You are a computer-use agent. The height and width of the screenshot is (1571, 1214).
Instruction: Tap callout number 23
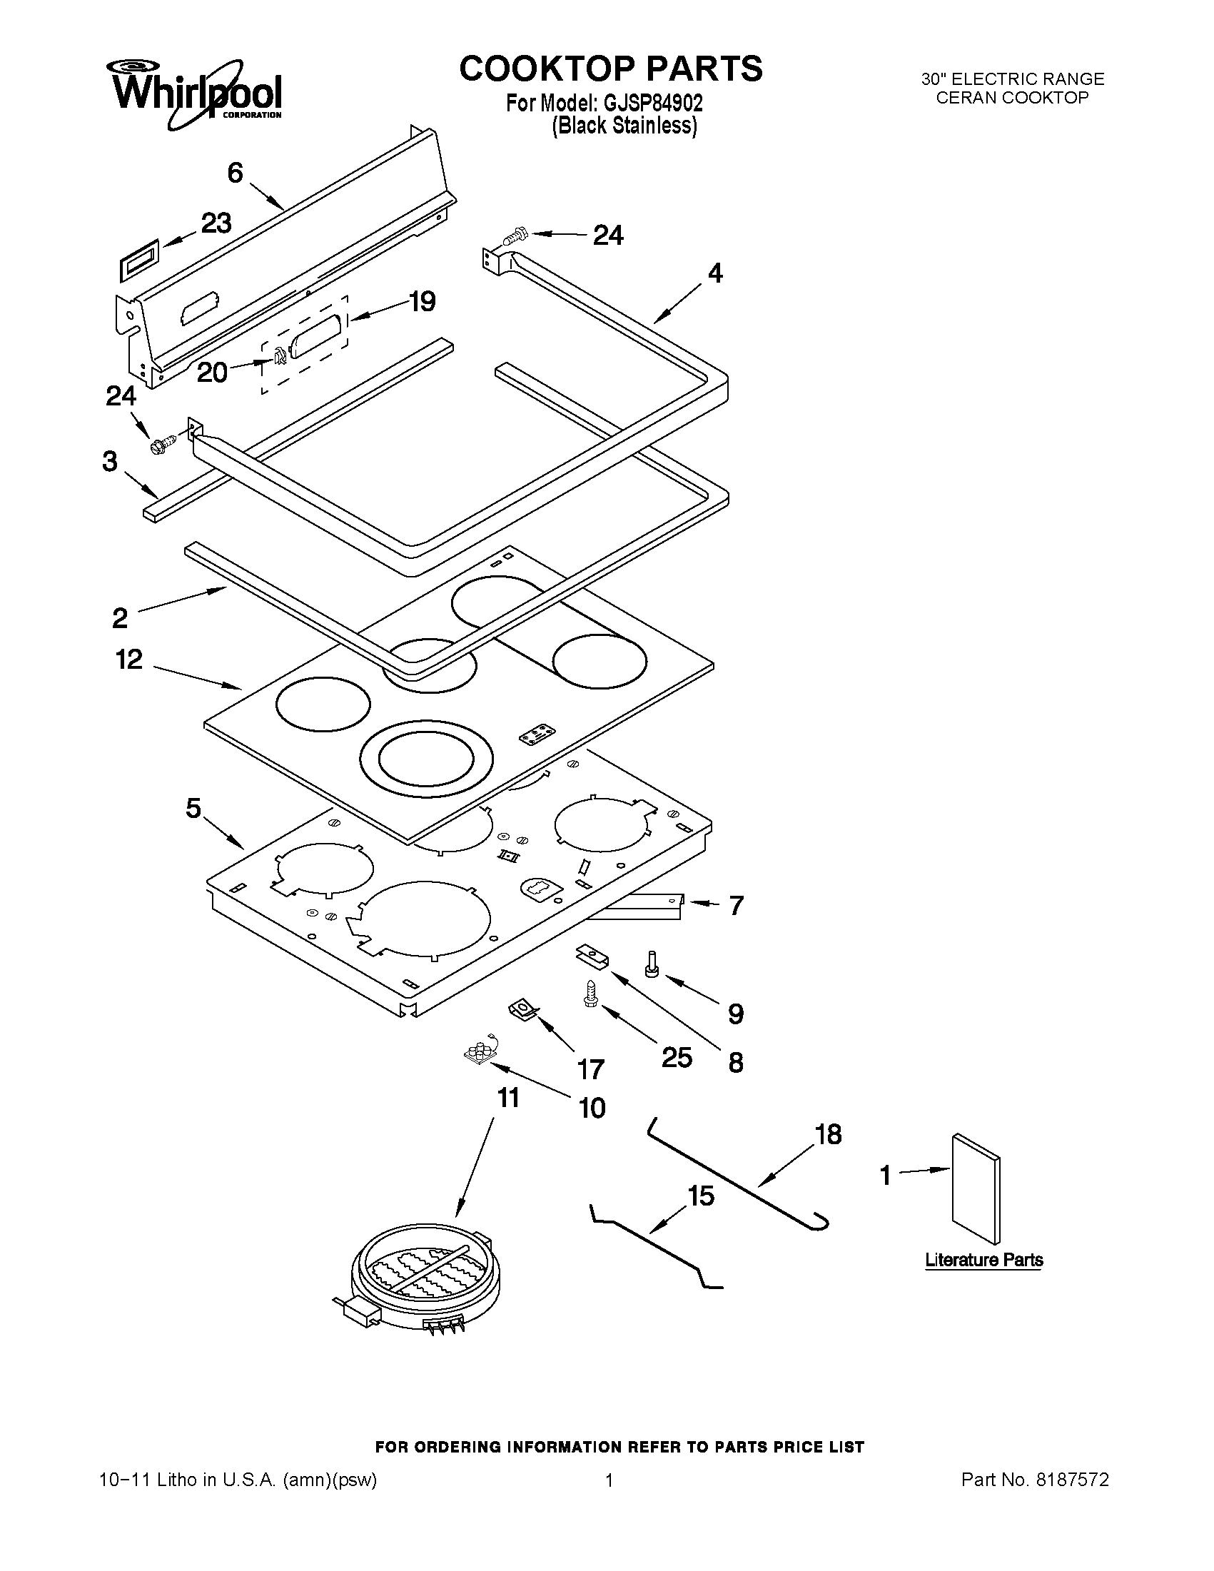click(x=216, y=223)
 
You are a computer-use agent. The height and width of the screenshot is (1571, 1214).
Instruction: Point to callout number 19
click(x=423, y=300)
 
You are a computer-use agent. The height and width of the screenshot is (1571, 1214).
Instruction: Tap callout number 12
click(x=129, y=659)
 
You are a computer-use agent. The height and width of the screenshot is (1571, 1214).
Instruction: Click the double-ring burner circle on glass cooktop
click(x=426, y=762)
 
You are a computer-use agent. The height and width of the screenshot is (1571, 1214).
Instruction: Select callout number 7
click(x=736, y=905)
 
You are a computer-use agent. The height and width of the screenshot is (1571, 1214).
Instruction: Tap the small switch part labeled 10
click(x=479, y=1054)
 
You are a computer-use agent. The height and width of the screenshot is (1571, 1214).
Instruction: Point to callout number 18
click(x=828, y=1134)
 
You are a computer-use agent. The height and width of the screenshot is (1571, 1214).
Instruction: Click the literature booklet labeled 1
click(x=974, y=1188)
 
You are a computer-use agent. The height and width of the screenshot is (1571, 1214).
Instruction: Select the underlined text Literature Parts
click(x=983, y=1260)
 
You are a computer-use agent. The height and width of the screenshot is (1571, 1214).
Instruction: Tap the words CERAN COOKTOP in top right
click(x=1012, y=98)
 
